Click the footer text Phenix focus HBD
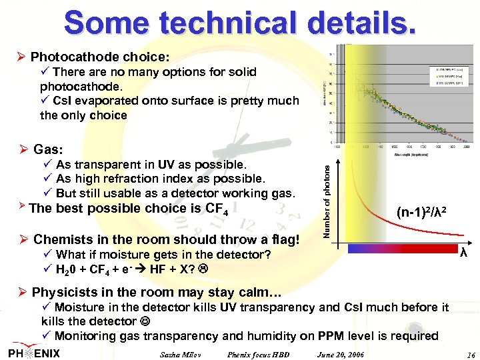point(259,353)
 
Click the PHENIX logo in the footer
point(35,353)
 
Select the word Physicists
point(63,292)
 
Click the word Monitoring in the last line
point(85,335)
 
